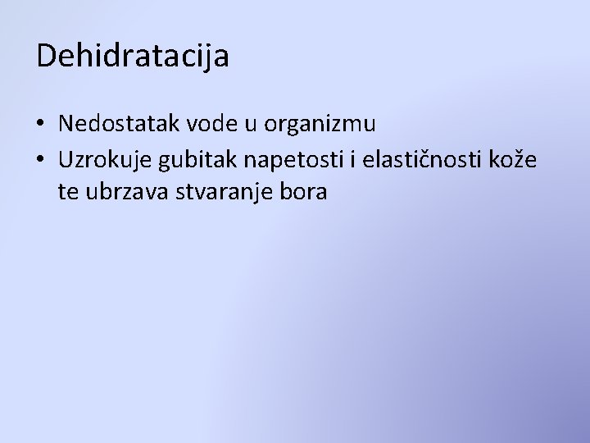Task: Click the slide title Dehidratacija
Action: [133, 57]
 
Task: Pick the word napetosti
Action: [291, 159]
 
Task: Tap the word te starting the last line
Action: [68, 193]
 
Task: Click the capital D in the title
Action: [47, 56]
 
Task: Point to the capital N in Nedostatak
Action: [66, 124]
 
